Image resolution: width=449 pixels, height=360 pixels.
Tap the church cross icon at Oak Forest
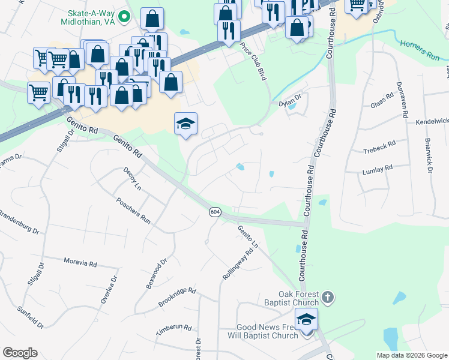(327, 296)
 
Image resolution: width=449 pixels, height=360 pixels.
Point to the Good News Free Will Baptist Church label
(267, 331)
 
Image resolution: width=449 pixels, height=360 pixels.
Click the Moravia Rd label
(80, 262)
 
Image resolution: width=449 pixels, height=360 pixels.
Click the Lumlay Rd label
(377, 168)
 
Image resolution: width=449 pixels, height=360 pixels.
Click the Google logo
(20, 353)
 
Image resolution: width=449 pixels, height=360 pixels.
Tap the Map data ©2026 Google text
(411, 355)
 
